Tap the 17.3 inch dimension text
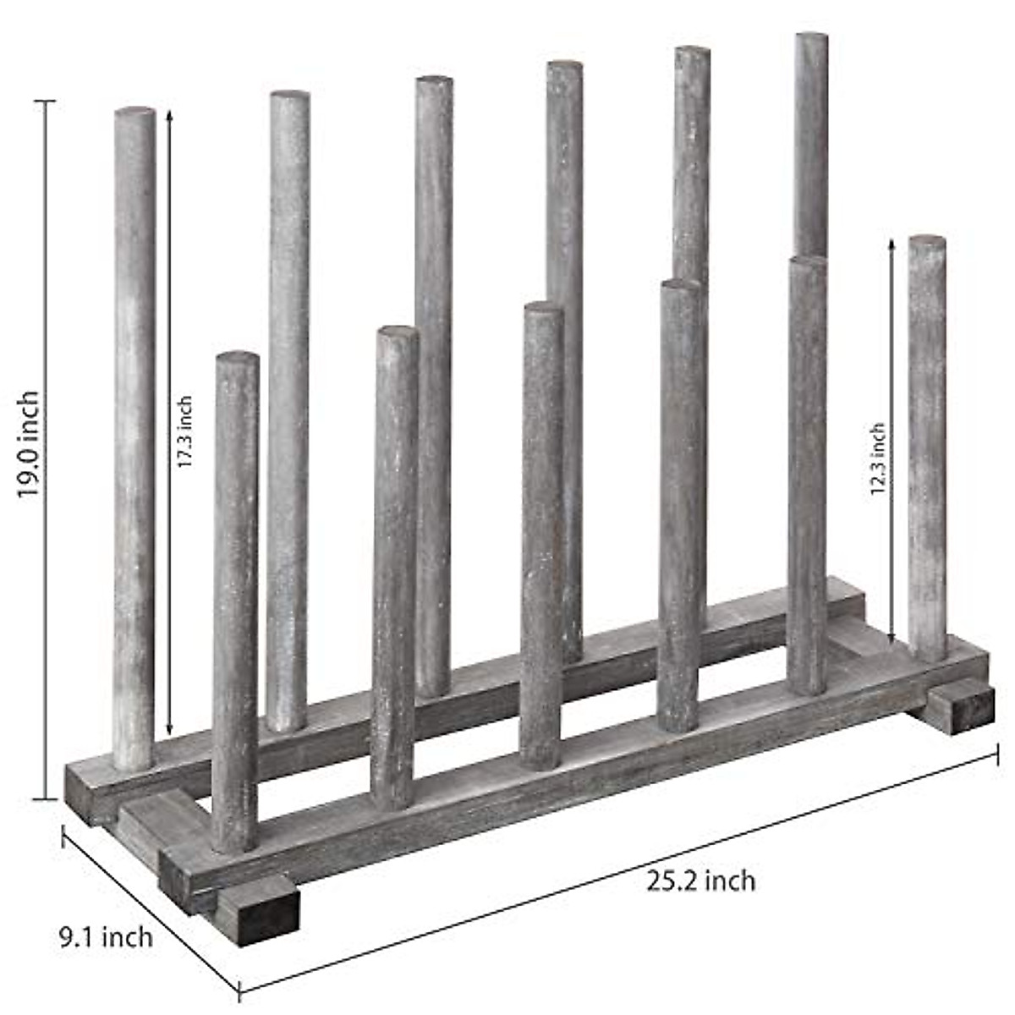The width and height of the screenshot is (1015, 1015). coord(185,432)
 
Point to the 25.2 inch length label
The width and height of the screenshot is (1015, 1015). coord(701,881)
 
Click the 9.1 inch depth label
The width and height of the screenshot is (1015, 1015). coord(106,937)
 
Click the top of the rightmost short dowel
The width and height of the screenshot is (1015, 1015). coord(927,241)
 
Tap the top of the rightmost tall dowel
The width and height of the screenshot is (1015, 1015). coord(811,37)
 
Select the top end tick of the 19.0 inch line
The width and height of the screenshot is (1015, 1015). coord(44,101)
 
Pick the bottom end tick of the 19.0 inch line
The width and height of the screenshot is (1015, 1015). coord(44,798)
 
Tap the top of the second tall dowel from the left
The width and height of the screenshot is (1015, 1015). coord(289,96)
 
